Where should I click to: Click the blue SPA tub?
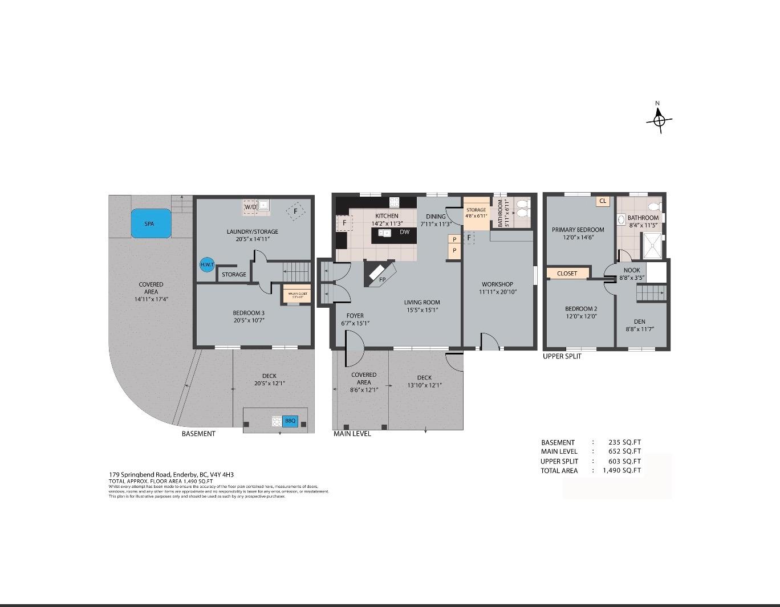coord(151,223)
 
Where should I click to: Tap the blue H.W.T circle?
coord(206,264)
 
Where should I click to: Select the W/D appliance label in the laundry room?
coord(250,207)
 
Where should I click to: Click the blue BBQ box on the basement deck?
coord(290,421)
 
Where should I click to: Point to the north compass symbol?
coord(659,120)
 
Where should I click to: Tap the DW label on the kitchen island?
coord(404,232)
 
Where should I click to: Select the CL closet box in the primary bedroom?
coord(603,201)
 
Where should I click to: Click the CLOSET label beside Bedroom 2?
coord(567,274)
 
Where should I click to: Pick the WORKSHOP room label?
coord(497,284)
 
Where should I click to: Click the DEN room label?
coord(639,321)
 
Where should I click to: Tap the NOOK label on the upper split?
coord(631,270)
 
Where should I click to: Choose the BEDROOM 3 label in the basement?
coord(249,312)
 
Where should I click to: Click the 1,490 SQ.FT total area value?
coord(622,470)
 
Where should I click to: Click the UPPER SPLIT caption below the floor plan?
coord(562,356)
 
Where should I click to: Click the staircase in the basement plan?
coord(296,271)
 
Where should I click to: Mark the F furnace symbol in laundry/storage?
coord(295,211)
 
